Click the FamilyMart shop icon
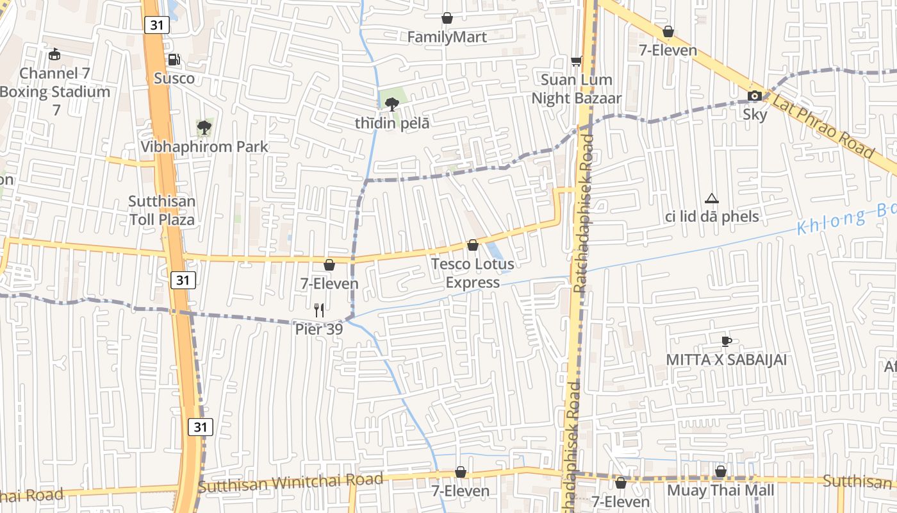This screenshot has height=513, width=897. pos(447,19)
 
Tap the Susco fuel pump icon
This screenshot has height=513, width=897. pos(174,60)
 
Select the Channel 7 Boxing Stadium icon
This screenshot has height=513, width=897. pos(55,55)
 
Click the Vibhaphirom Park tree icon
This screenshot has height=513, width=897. pos(204,128)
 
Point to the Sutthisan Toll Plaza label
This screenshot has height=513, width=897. pos(162,210)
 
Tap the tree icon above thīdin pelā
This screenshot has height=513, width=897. pos(392,104)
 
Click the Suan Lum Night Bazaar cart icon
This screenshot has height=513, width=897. pos(576,61)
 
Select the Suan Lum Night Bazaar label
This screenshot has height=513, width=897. pos(576,89)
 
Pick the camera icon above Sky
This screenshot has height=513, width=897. pos(755,96)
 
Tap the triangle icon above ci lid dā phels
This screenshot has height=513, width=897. pos(711,199)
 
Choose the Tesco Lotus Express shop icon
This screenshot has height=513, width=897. pos(473,246)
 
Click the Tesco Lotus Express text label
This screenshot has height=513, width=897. pos(473,273)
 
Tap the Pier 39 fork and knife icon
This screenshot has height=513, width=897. pos(319,310)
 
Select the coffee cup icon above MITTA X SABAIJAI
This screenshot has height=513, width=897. pos(726,341)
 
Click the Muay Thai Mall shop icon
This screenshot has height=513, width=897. pos(721,472)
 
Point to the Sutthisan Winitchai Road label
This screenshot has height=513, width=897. pos(291,483)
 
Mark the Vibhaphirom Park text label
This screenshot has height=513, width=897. pos(204,147)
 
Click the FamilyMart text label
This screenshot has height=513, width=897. pos(447,38)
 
